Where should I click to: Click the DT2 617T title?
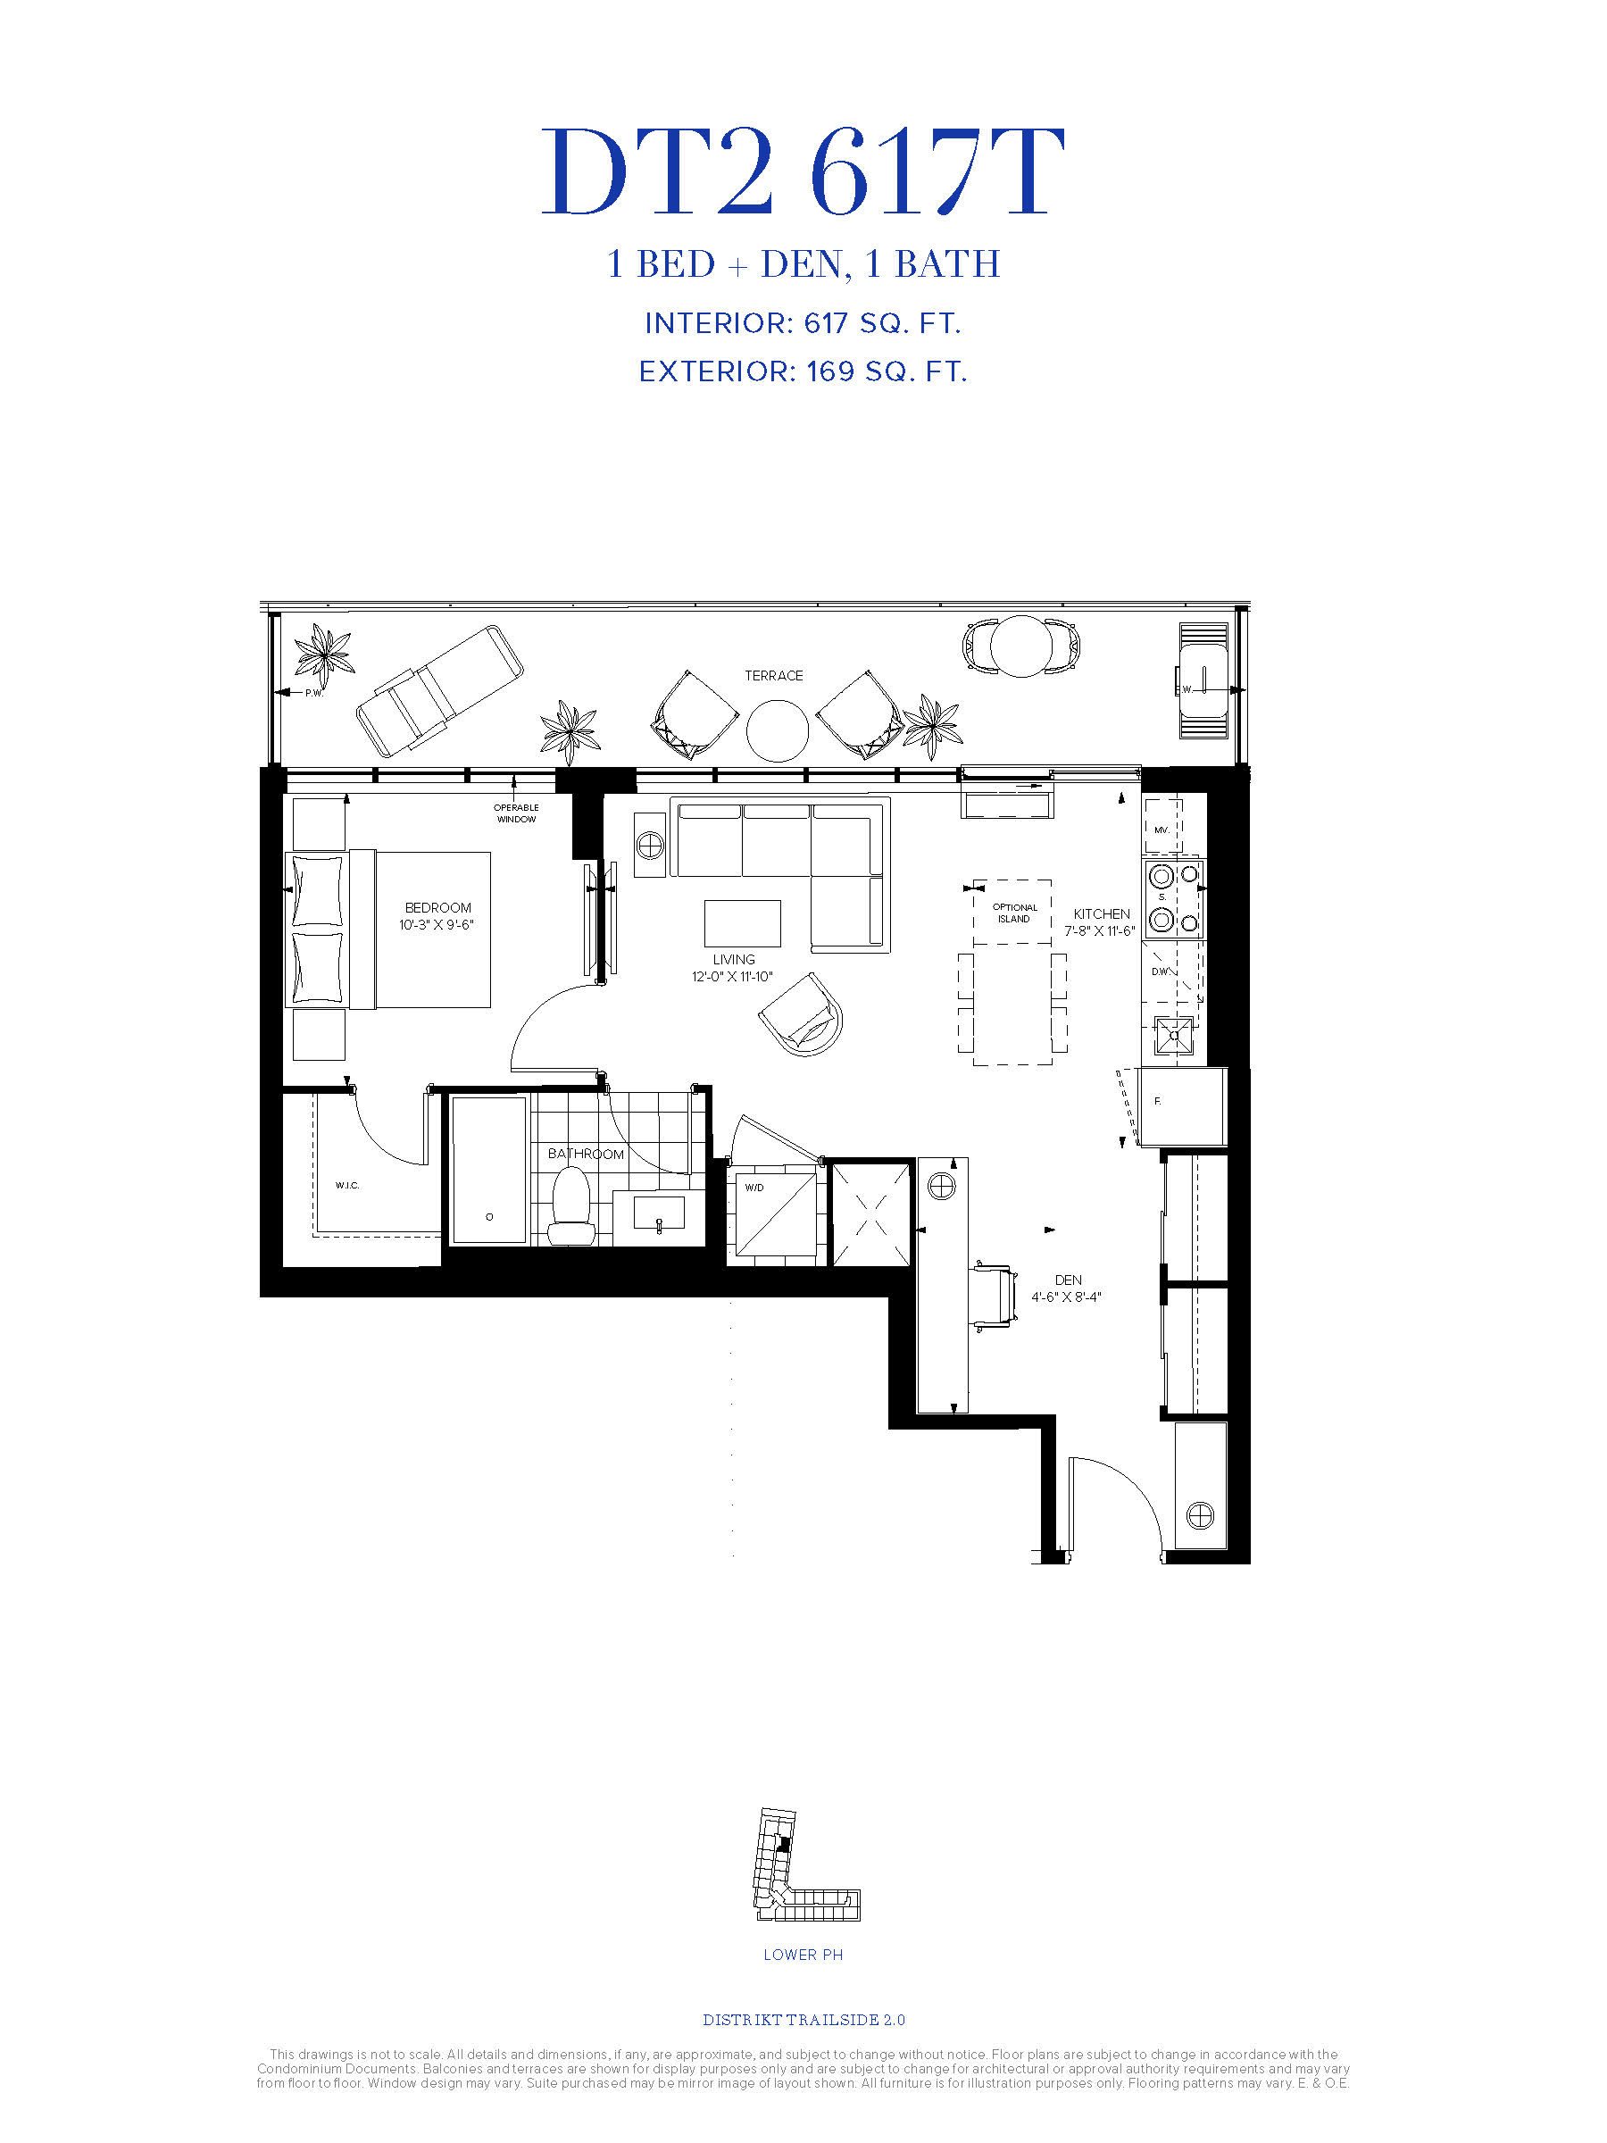(x=803, y=171)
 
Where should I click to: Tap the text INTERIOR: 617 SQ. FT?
(x=803, y=323)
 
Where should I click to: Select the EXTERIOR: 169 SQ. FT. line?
(x=803, y=372)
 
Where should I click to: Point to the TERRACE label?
(x=774, y=675)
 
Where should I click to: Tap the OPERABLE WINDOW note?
(x=516, y=813)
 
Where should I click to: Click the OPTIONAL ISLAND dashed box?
(x=1012, y=912)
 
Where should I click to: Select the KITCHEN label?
(x=1102, y=913)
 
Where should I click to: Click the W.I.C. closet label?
(x=346, y=1185)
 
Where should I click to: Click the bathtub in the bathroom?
(x=489, y=1170)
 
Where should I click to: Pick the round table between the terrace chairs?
(x=777, y=730)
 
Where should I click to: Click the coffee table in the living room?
(x=742, y=923)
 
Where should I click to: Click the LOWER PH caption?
(x=803, y=1954)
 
